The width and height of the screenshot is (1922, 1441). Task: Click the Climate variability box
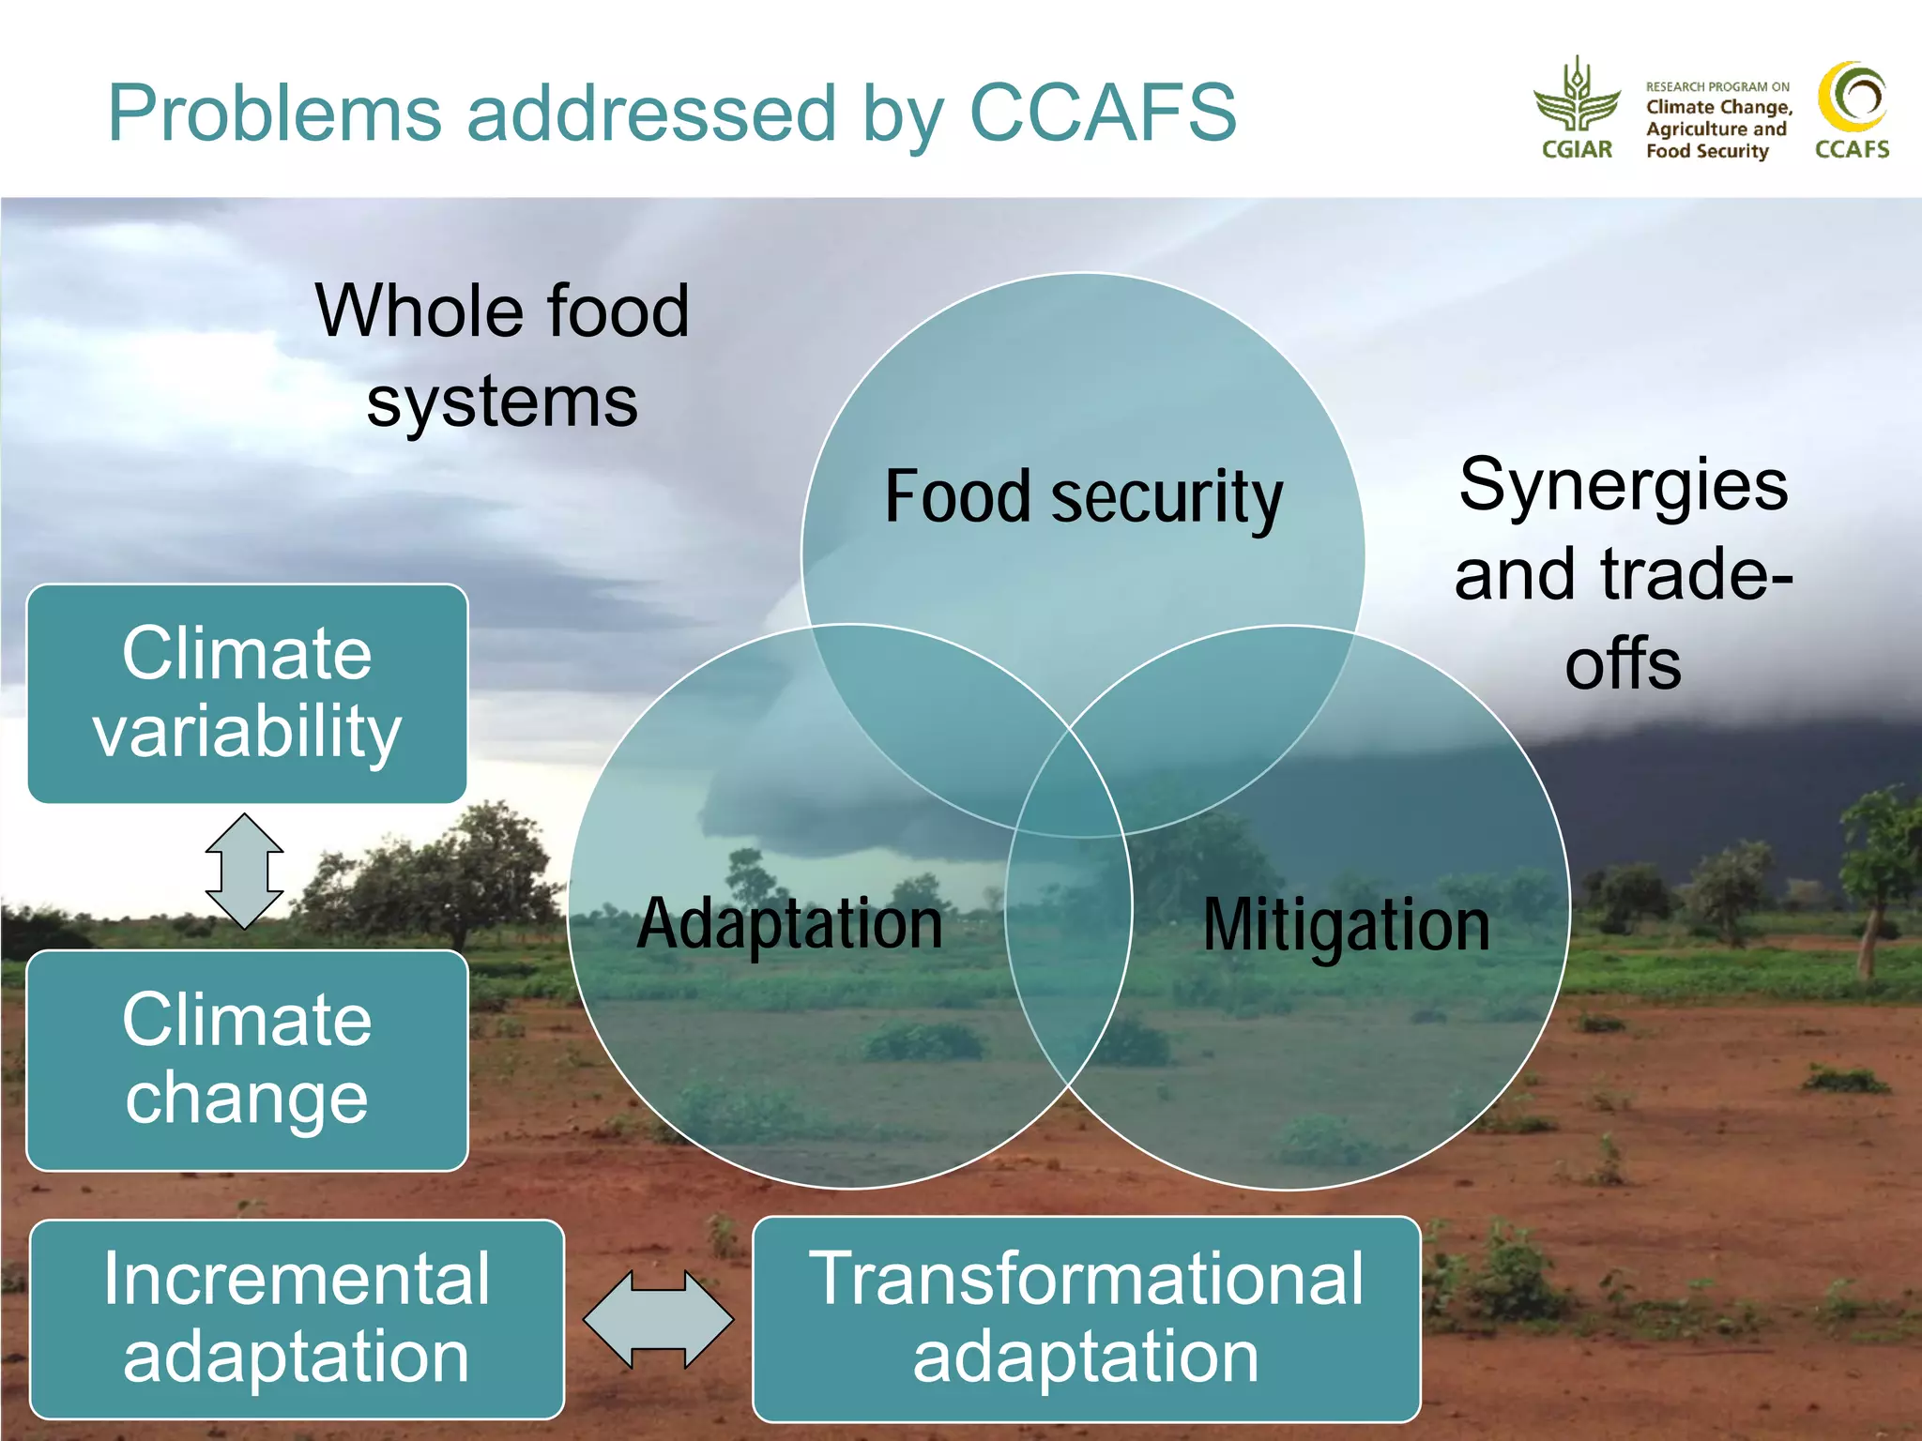click(247, 693)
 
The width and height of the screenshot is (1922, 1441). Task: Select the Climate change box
click(247, 1060)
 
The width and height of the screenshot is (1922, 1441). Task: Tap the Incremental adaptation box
click(297, 1318)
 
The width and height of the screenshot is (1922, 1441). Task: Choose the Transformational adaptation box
click(1086, 1318)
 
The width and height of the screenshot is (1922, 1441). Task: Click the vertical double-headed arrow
click(244, 871)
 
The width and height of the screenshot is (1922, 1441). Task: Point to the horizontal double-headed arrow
click(659, 1319)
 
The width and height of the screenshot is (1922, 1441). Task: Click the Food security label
click(1083, 497)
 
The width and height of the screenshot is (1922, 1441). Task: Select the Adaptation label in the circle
click(789, 924)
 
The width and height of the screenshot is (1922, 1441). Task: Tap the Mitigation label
click(1346, 926)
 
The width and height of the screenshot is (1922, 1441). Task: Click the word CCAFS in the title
click(1102, 114)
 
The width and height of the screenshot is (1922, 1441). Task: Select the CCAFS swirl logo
click(1853, 99)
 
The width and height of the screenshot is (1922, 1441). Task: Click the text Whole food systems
click(502, 356)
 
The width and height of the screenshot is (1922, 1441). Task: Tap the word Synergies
click(1624, 485)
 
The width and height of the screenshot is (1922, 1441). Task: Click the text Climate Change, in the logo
click(1719, 107)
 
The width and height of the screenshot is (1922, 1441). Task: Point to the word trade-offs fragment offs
click(1623, 663)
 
